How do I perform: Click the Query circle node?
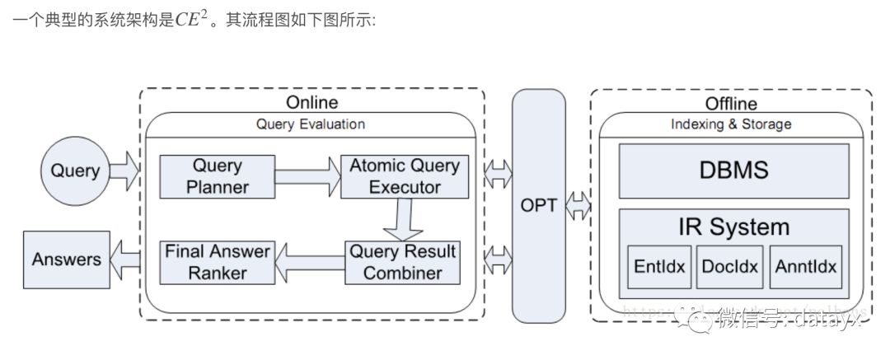75,171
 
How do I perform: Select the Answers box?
66,259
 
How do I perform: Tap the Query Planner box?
217,176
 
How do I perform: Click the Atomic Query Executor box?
405,176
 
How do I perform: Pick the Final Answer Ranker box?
217,262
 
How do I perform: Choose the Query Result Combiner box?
402,262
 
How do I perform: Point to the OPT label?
539,204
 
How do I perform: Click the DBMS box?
733,171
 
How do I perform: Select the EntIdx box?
659,267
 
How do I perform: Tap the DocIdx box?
729,267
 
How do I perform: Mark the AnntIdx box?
805,267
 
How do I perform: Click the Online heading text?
311,103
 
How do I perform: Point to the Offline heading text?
731,104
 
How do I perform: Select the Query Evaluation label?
311,124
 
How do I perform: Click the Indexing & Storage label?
732,124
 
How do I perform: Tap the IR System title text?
733,227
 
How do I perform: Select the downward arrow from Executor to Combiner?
404,218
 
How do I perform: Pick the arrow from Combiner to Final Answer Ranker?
309,261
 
